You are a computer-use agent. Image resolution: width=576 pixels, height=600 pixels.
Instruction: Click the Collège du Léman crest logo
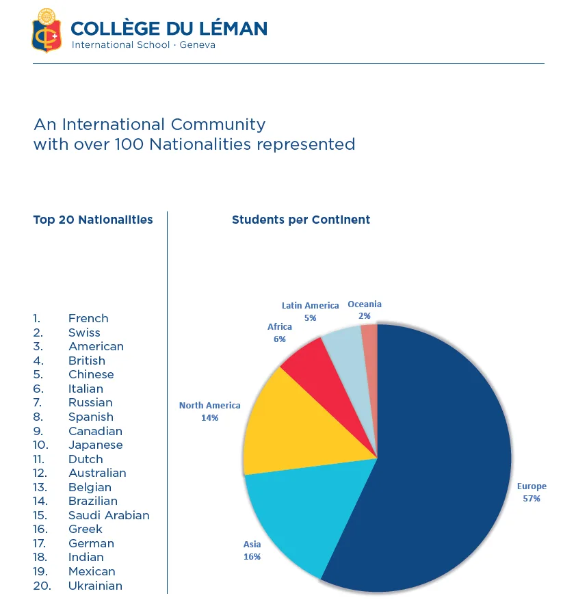point(47,31)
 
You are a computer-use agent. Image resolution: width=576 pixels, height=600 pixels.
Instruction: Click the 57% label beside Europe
point(532,499)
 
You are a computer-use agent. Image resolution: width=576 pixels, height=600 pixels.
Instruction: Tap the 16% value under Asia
point(252,557)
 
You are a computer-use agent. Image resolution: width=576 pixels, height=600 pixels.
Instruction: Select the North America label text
point(209,405)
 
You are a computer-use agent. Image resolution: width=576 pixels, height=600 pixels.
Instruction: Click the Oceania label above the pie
point(365,304)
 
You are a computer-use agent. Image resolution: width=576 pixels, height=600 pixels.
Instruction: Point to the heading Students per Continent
point(301,220)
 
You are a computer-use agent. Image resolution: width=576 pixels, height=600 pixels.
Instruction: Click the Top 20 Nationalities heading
point(93,220)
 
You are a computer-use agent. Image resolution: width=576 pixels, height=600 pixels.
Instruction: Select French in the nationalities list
point(88,318)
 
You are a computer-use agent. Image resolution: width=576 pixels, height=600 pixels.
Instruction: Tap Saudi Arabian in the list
point(109,515)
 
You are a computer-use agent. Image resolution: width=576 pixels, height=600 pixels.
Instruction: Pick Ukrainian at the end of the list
point(95,586)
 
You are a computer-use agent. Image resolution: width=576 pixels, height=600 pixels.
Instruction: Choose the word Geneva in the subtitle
point(198,45)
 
